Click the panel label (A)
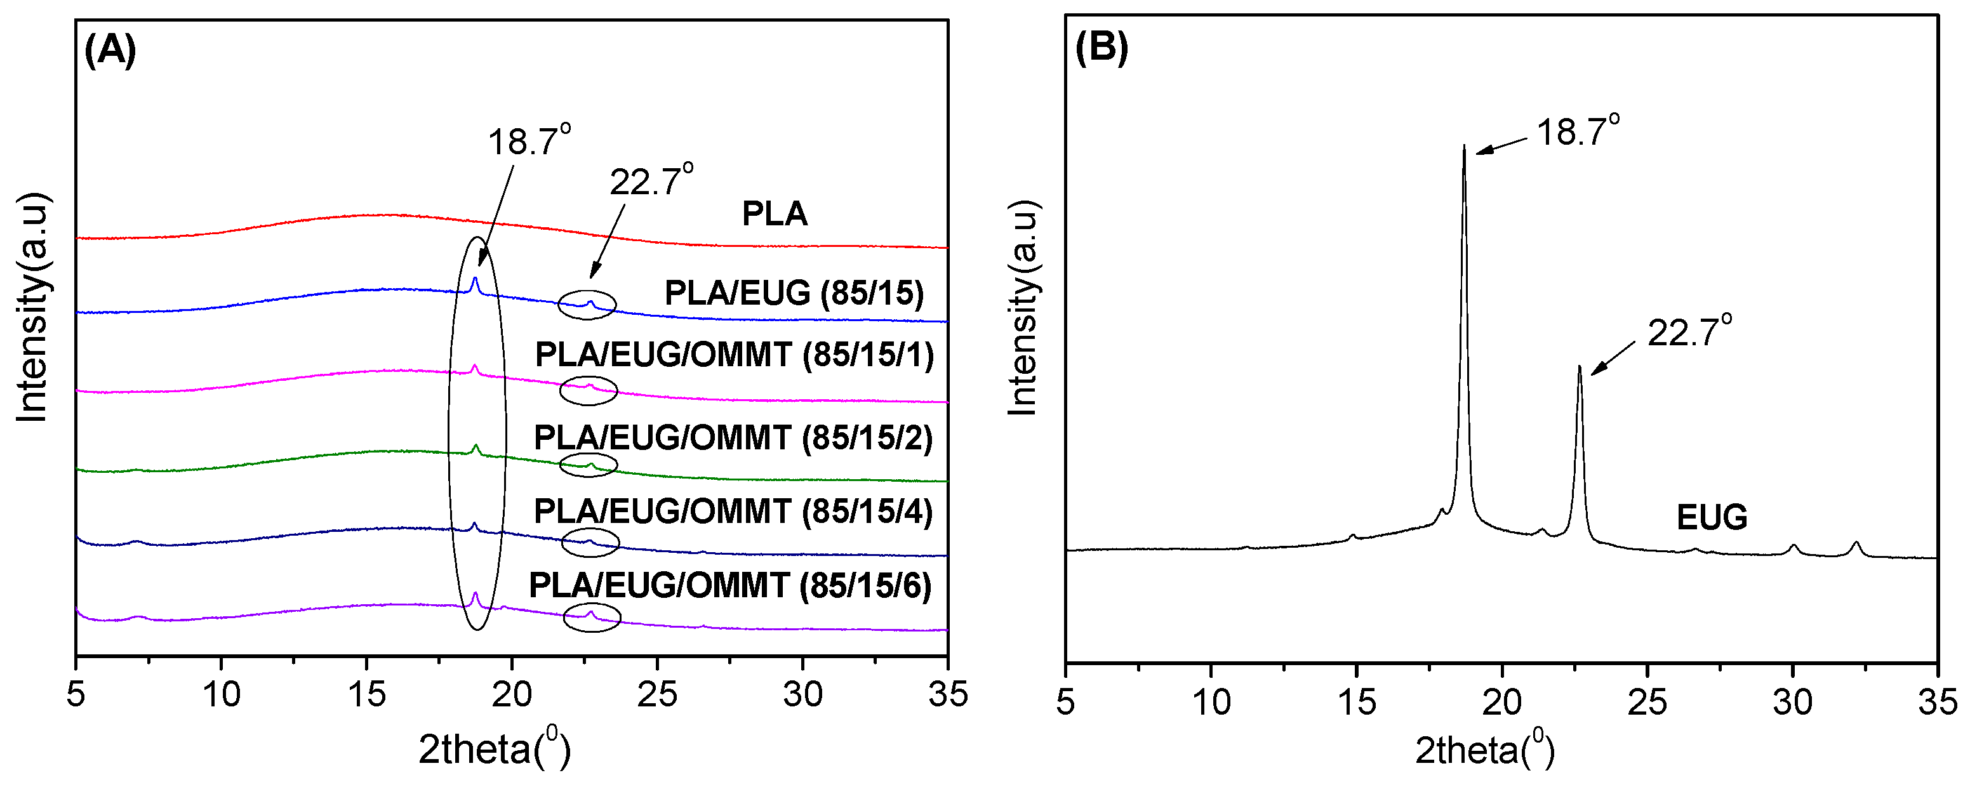tap(110, 51)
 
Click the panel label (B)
tap(1101, 48)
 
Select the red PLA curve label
tap(774, 213)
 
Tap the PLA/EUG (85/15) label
tap(794, 293)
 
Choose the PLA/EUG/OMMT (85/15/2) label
tap(733, 438)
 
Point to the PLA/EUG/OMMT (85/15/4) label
tap(733, 512)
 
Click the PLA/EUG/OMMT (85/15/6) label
tap(730, 586)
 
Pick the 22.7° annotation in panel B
tap(1689, 331)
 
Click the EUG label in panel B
tap(1712, 518)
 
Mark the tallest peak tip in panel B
tap(1464, 146)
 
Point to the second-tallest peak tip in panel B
tap(1579, 367)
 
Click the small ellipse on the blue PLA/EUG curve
tap(587, 305)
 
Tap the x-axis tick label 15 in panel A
tap(366, 695)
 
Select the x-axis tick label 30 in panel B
tap(1792, 701)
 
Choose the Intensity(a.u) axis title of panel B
tap(1023, 308)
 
